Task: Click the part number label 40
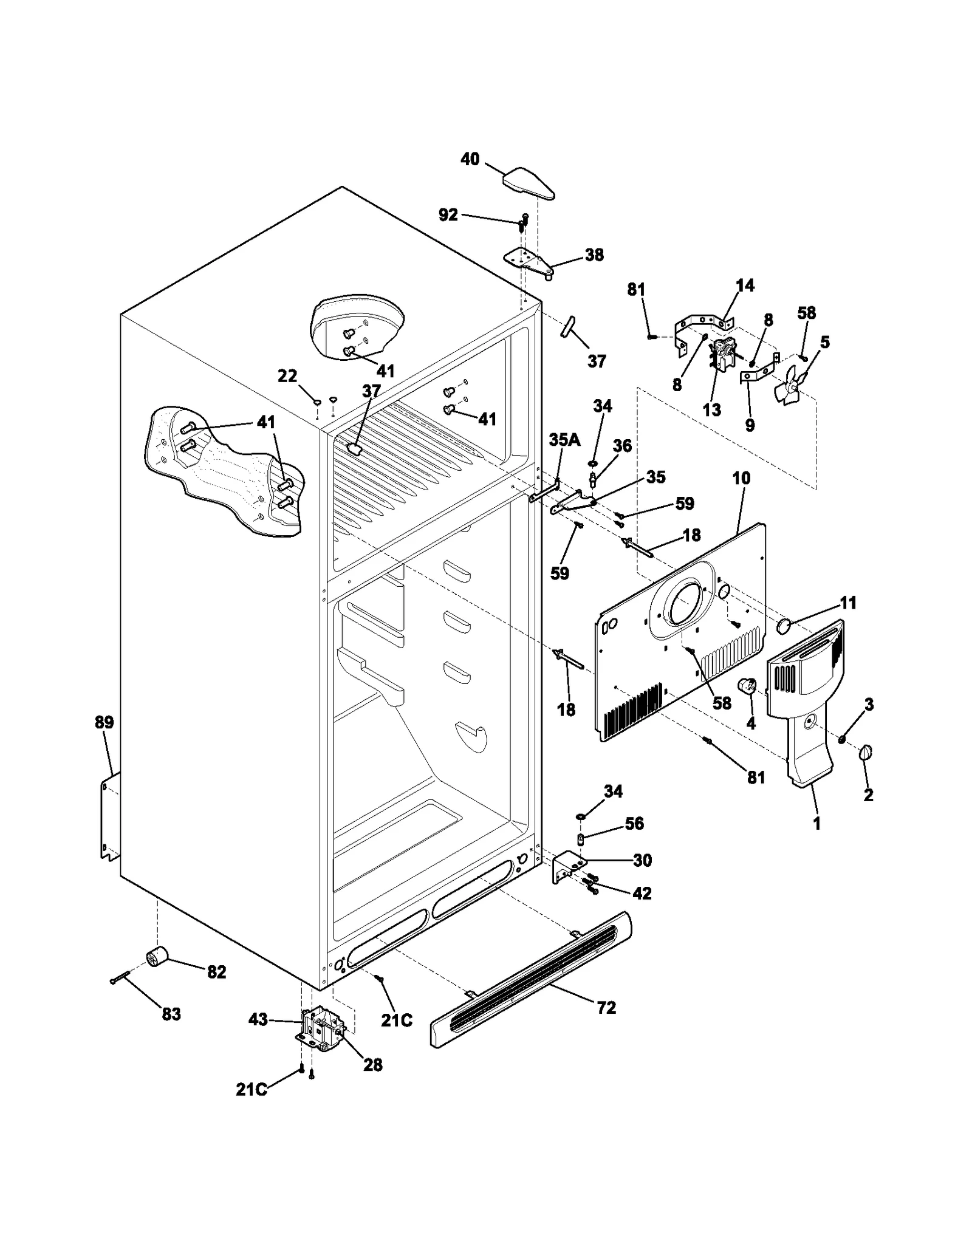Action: point(470,159)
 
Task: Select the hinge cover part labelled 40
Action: point(528,184)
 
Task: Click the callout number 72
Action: point(606,1008)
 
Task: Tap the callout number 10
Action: point(741,478)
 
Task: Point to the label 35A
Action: point(564,440)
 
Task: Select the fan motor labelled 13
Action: point(722,355)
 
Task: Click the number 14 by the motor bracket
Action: point(745,285)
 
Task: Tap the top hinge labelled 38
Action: point(529,262)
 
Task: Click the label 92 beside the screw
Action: point(448,215)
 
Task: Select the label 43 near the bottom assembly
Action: point(258,1019)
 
